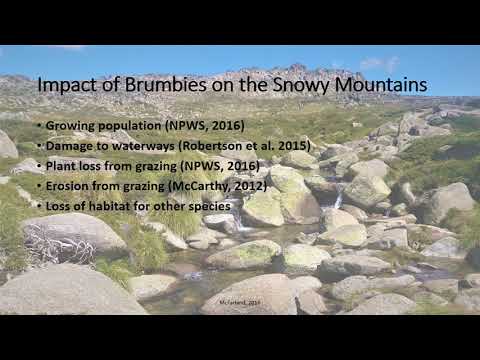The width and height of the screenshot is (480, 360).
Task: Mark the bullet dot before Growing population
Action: (38, 127)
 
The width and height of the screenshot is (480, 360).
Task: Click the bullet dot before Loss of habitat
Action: (38, 205)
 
